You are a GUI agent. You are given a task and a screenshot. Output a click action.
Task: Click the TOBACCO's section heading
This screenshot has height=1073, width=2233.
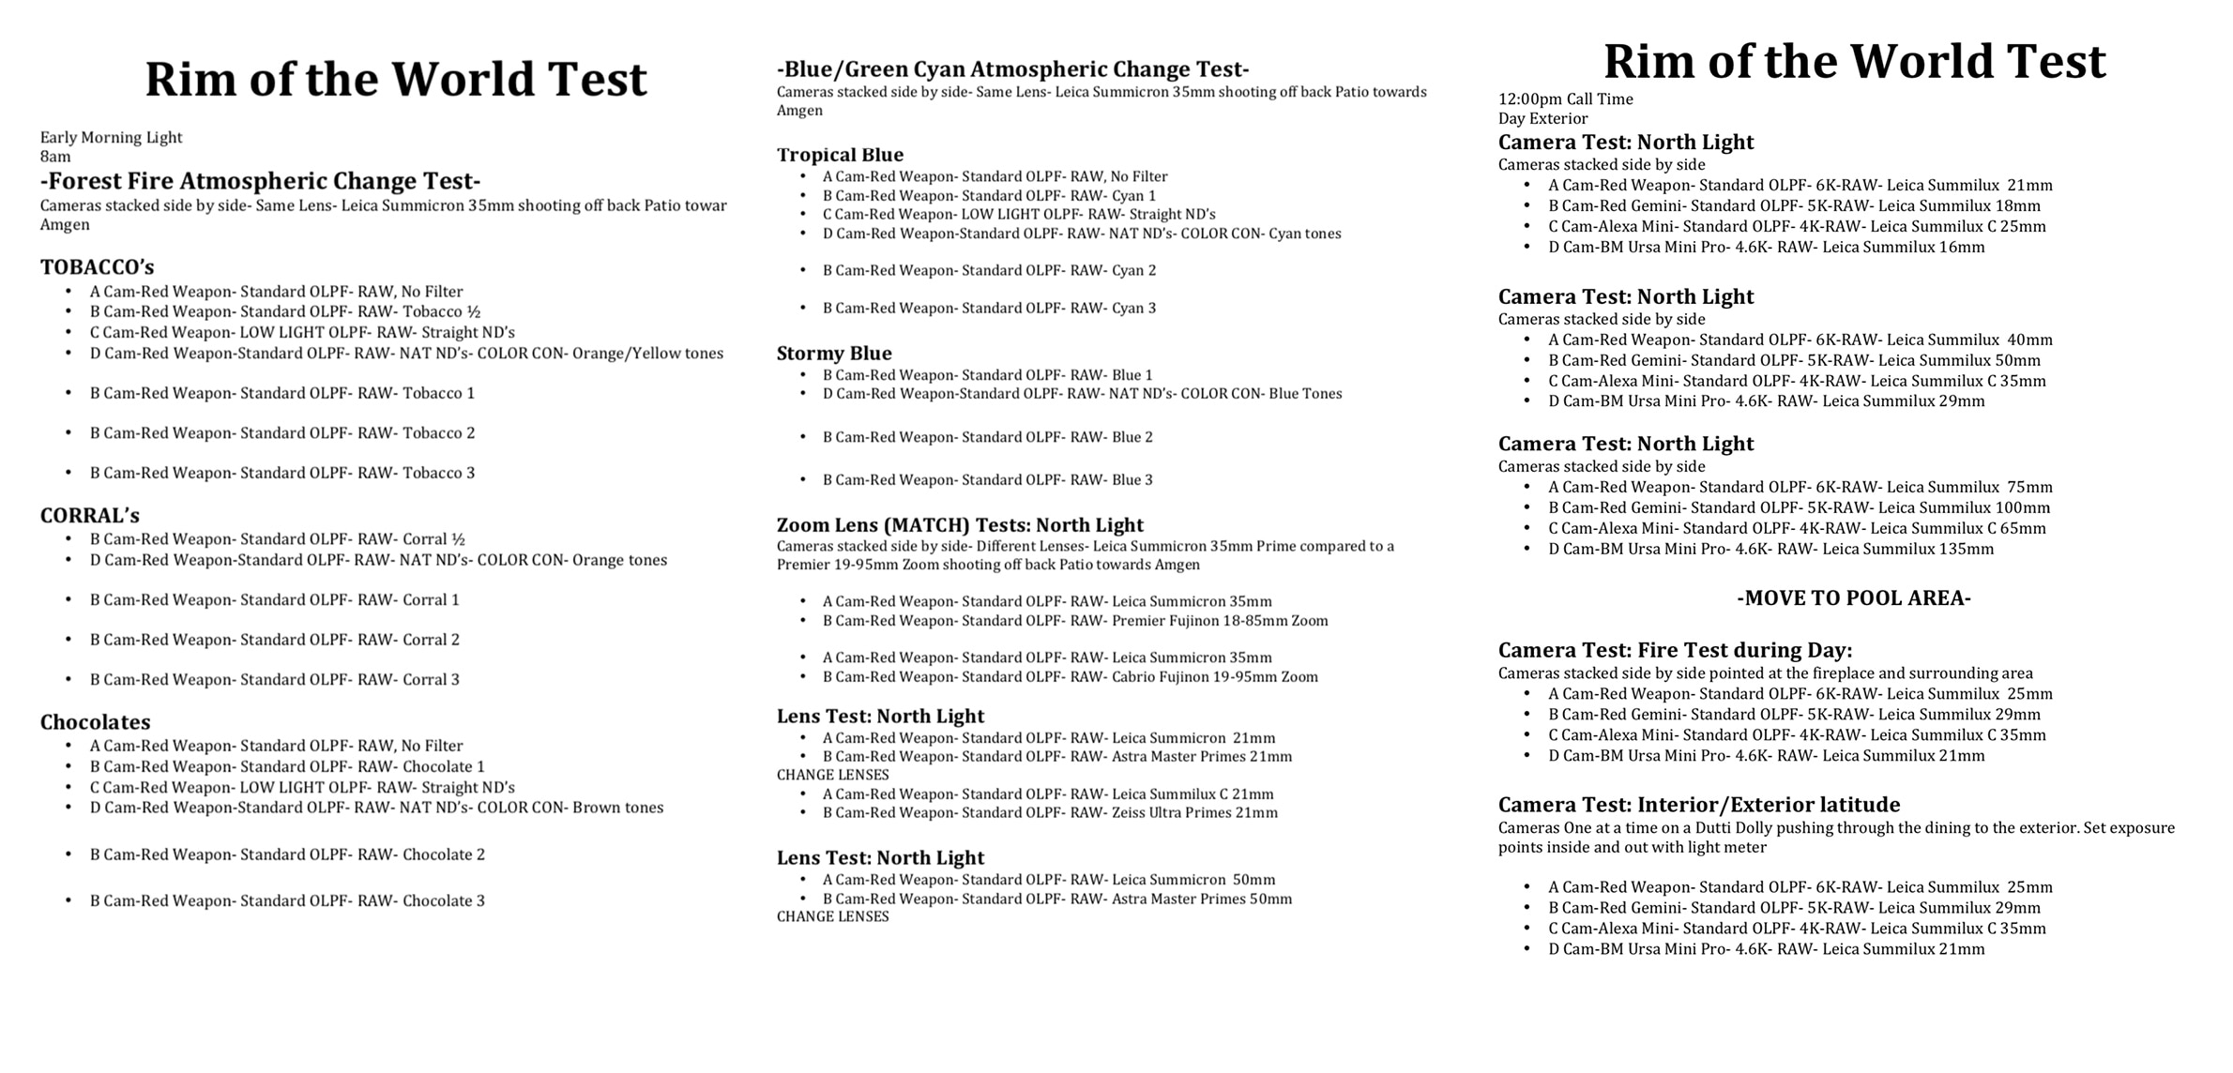(x=97, y=267)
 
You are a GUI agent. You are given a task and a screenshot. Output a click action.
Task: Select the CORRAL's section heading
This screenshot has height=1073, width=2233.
(x=89, y=516)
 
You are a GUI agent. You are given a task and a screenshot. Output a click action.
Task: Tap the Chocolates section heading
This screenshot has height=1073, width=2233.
(x=95, y=722)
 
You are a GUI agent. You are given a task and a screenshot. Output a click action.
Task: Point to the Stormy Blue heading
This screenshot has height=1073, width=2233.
(x=834, y=354)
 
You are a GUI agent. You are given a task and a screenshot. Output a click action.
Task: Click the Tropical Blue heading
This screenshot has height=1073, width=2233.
(x=840, y=155)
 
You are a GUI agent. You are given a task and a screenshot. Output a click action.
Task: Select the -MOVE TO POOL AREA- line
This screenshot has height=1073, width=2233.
(x=1853, y=598)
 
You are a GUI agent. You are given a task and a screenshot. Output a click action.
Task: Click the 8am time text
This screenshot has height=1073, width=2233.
(x=55, y=157)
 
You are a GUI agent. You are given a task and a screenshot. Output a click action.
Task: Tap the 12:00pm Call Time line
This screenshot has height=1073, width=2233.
(x=1565, y=99)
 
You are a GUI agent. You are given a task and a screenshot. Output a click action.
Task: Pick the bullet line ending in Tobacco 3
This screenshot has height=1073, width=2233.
(x=282, y=473)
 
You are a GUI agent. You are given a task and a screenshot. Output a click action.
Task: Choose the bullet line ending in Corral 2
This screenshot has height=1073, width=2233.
(x=275, y=640)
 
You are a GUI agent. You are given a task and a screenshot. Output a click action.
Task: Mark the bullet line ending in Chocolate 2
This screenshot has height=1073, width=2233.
(x=287, y=854)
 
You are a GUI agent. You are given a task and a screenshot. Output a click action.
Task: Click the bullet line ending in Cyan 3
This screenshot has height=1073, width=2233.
(x=989, y=309)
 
